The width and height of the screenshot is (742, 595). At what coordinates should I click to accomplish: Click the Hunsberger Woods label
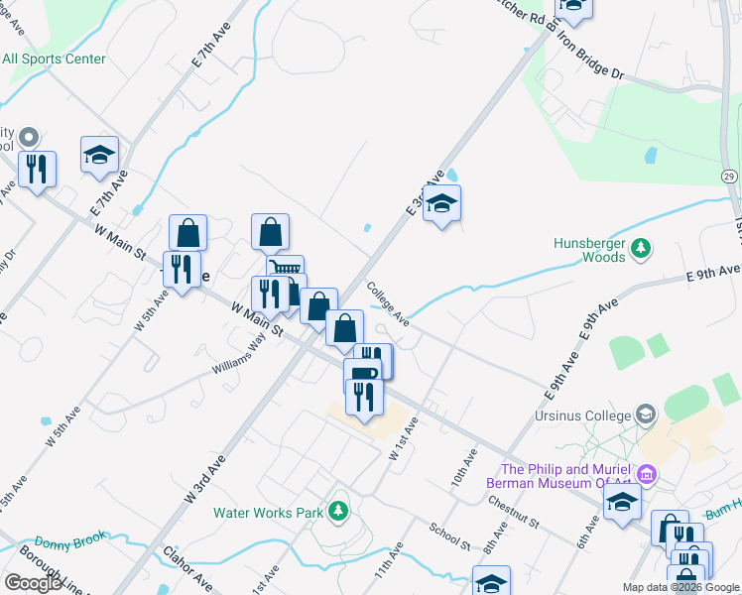tap(589, 249)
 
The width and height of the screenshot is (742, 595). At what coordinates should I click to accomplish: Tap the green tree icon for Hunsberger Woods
tap(642, 246)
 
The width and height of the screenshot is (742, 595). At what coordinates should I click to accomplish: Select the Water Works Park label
tap(269, 513)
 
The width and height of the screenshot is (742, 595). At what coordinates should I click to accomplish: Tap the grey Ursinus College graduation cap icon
tap(646, 413)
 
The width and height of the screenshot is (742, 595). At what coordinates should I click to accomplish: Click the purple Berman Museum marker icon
tap(650, 476)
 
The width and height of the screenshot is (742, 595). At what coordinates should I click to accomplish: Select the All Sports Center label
tap(54, 59)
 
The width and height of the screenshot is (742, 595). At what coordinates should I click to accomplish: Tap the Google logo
tap(33, 583)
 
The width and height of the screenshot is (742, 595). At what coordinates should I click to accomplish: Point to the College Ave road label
tap(388, 304)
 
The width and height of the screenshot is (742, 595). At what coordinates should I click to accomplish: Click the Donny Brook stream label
tap(68, 543)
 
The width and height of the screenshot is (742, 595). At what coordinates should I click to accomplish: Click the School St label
tap(449, 536)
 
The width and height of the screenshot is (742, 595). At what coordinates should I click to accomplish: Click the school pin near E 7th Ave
tap(99, 155)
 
